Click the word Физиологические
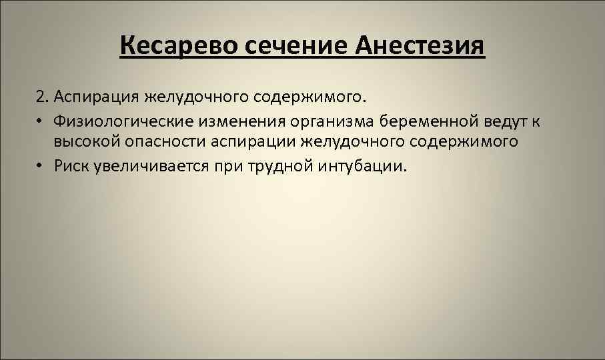(x=119, y=121)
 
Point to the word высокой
(x=83, y=142)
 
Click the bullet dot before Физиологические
(x=42, y=121)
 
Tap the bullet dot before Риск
(x=42, y=165)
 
